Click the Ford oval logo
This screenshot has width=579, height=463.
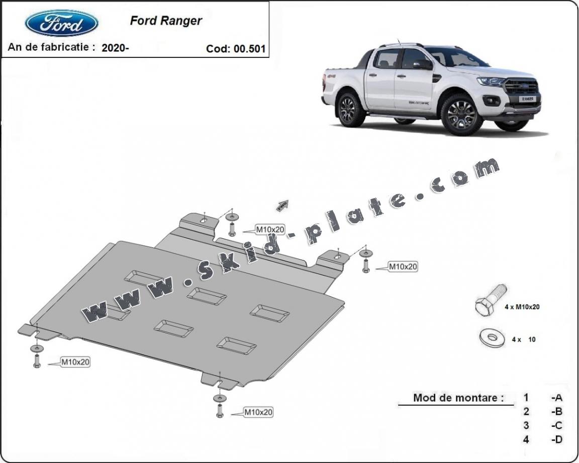pyautogui.click(x=61, y=23)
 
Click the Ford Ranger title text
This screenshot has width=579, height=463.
pyautogui.click(x=166, y=21)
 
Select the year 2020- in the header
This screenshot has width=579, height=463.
pyautogui.click(x=115, y=48)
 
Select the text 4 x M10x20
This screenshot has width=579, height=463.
pyautogui.click(x=522, y=307)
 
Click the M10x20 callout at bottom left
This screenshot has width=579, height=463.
pyautogui.click(x=75, y=361)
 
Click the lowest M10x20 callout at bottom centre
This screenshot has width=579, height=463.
pyautogui.click(x=258, y=412)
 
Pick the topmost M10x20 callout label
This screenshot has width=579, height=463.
pyautogui.click(x=270, y=230)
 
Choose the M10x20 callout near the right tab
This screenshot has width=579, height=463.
pyautogui.click(x=403, y=267)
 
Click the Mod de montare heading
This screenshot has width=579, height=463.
pyautogui.click(x=458, y=398)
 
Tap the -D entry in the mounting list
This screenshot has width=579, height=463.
pyautogui.click(x=556, y=439)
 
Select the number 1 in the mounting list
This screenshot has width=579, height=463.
pyautogui.click(x=526, y=397)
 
